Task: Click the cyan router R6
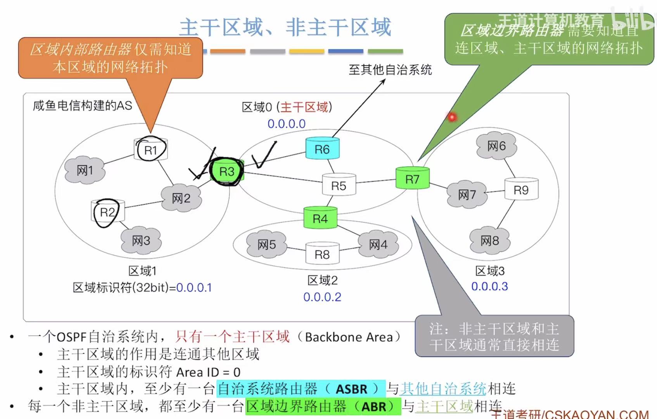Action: [x=322, y=149]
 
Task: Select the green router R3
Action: [x=227, y=171]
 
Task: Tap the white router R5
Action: [x=339, y=185]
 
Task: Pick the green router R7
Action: [x=412, y=179]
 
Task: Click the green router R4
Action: [x=320, y=218]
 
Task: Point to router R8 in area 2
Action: [x=322, y=254]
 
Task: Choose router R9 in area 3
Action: [x=521, y=190]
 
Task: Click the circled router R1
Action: [x=150, y=150]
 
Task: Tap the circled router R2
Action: [x=107, y=212]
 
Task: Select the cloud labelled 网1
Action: [x=85, y=170]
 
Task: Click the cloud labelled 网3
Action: [x=141, y=240]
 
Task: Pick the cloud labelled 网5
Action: [x=266, y=244]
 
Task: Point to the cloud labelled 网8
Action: [x=489, y=240]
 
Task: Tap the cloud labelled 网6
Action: [x=496, y=146]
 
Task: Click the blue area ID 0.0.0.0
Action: [x=287, y=123]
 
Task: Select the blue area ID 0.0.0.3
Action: [x=489, y=286]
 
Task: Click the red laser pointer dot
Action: [x=452, y=116]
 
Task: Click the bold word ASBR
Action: [x=351, y=389]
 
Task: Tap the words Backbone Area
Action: [x=349, y=337]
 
